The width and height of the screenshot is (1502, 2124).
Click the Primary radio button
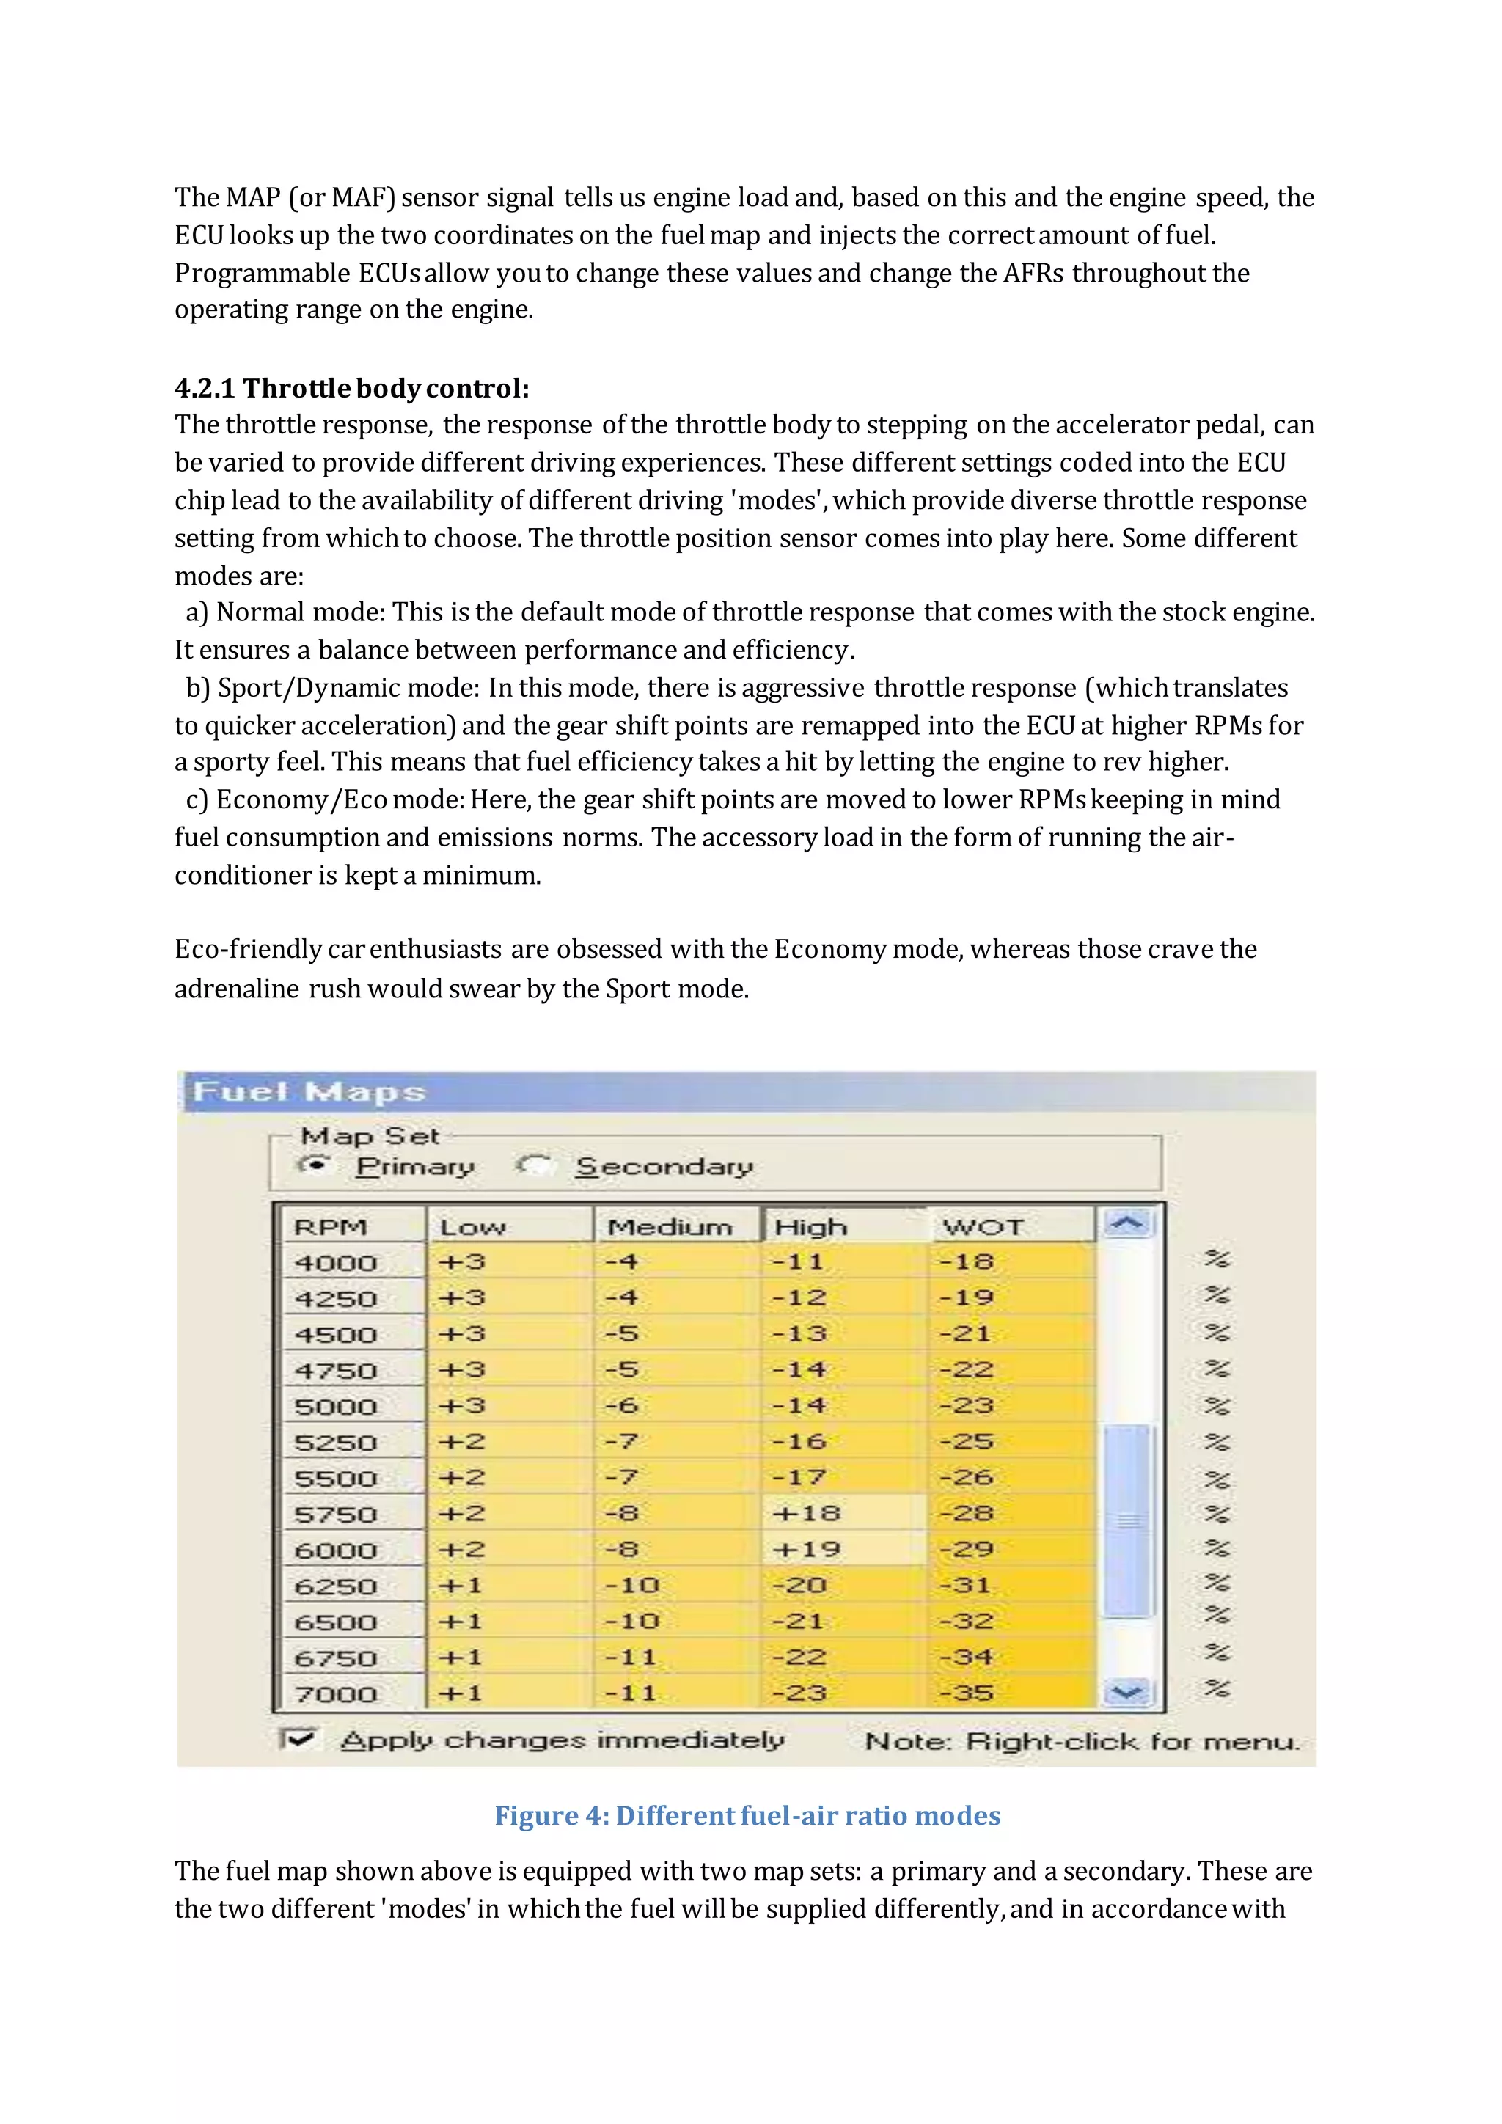(315, 1165)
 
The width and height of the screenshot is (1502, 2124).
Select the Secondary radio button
(535, 1165)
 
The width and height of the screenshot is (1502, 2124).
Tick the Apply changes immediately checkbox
(298, 1739)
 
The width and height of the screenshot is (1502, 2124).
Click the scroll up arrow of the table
(1126, 1225)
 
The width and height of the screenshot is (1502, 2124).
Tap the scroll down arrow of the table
(1126, 1693)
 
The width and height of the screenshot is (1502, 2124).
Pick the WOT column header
(983, 1227)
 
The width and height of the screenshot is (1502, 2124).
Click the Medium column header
(670, 1227)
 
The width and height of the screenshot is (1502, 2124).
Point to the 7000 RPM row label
(337, 1693)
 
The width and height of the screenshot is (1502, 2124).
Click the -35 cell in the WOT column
(967, 1693)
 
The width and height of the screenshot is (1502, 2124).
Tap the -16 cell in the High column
(801, 1441)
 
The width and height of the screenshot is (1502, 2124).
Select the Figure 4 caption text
(747, 1815)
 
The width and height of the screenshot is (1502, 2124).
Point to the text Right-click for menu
(1132, 1741)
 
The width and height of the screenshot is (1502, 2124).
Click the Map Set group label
(370, 1135)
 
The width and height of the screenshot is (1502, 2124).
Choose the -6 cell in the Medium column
(621, 1405)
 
